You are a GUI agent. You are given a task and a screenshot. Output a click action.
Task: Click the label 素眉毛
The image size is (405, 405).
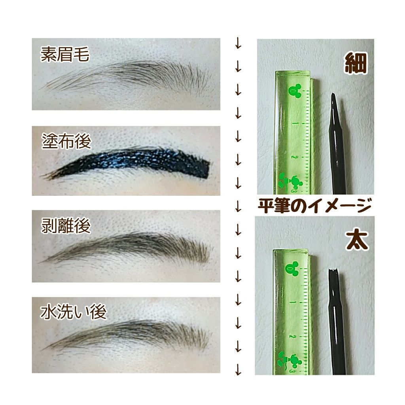tap(65, 55)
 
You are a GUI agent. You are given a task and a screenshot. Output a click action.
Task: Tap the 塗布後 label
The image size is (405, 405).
tap(66, 141)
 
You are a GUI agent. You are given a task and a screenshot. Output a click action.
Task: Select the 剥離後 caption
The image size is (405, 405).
tap(66, 226)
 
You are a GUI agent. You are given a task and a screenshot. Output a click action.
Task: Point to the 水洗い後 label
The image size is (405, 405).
tap(74, 312)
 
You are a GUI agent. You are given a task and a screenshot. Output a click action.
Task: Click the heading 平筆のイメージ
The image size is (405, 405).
tap(314, 206)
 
